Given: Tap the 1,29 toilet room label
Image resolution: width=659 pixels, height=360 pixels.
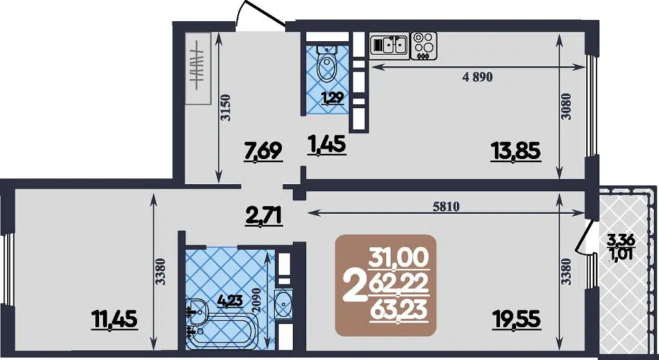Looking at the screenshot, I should (x=331, y=98).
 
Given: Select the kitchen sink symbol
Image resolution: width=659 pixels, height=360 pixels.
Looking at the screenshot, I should (x=389, y=44).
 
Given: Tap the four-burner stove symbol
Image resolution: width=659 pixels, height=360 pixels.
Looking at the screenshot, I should (x=423, y=44).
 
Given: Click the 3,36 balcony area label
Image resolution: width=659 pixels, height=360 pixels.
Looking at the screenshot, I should (x=620, y=241).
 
